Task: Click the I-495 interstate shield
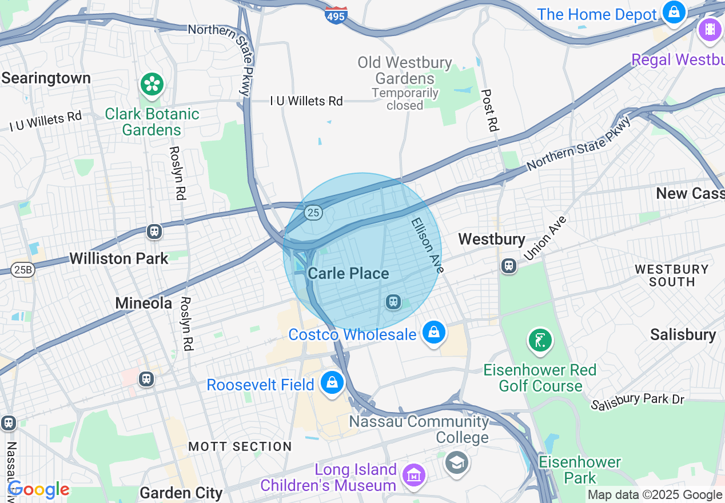pyautogui.click(x=336, y=15)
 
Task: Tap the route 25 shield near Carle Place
pyautogui.click(x=313, y=213)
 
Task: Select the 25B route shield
pyautogui.click(x=22, y=270)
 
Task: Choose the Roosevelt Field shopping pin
pyautogui.click(x=332, y=383)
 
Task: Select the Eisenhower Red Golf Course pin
pyautogui.click(x=540, y=341)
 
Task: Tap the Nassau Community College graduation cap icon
pyautogui.click(x=457, y=461)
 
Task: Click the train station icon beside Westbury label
pyautogui.click(x=508, y=266)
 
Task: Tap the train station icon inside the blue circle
pyautogui.click(x=393, y=301)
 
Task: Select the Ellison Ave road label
pyautogui.click(x=426, y=244)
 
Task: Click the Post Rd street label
pyautogui.click(x=490, y=110)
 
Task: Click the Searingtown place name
pyautogui.click(x=46, y=78)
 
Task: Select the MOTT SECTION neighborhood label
pyautogui.click(x=240, y=446)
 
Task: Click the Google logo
pyautogui.click(x=38, y=489)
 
